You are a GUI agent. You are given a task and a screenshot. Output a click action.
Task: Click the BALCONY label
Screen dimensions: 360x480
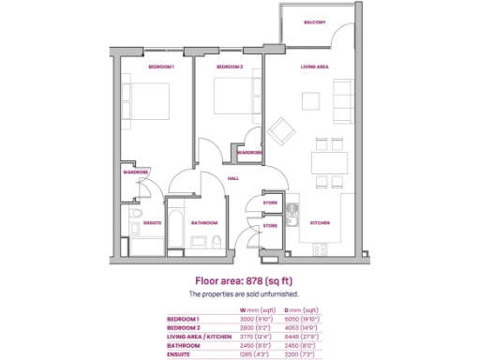click(314, 22)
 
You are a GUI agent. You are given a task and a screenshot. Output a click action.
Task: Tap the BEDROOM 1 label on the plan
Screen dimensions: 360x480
click(162, 67)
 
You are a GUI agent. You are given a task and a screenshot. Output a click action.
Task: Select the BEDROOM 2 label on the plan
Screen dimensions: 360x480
click(230, 67)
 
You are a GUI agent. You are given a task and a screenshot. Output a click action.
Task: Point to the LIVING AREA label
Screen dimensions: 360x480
click(314, 67)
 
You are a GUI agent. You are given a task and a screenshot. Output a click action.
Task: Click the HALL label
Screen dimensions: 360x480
click(232, 178)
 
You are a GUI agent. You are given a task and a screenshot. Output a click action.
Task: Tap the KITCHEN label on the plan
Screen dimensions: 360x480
click(321, 222)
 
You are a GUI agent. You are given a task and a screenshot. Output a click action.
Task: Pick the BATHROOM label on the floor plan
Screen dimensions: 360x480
click(204, 222)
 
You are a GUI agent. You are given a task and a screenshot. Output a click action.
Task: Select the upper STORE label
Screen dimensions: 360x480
click(270, 202)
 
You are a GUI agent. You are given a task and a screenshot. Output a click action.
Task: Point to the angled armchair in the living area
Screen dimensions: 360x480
click(280, 128)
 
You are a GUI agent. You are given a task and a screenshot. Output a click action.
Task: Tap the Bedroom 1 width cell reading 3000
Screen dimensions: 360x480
click(247, 320)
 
